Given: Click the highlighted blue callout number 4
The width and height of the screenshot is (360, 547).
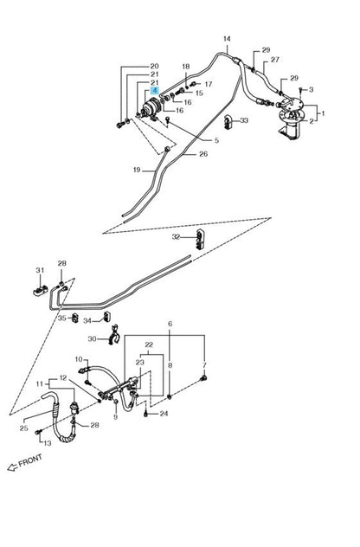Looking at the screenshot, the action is (x=155, y=91).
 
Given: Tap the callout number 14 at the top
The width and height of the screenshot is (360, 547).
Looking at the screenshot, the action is (x=227, y=39).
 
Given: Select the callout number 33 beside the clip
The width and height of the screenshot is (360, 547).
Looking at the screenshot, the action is (x=244, y=120).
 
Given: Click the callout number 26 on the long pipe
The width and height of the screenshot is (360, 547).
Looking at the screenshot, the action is (x=203, y=154).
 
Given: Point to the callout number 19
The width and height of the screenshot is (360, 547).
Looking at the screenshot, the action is (x=137, y=170).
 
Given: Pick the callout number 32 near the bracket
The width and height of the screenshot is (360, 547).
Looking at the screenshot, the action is (x=176, y=237).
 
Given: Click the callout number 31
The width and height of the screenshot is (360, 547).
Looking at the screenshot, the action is (x=40, y=270).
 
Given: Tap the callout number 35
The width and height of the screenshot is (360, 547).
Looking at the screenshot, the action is (x=61, y=319).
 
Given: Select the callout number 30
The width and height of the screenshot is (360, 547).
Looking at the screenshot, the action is (x=92, y=338).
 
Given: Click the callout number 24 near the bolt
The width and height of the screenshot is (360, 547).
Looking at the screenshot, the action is (x=164, y=414).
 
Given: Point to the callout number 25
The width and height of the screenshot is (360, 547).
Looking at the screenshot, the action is (x=23, y=428).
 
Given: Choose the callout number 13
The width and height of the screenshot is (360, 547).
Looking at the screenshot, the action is (x=48, y=443).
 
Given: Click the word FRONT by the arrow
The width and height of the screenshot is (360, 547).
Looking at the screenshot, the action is (x=30, y=461).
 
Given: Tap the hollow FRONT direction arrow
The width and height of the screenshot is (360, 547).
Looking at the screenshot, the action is (x=12, y=467).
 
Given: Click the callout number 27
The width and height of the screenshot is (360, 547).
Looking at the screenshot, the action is (x=275, y=60).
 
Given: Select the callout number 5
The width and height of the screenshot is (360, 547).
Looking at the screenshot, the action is (x=216, y=140).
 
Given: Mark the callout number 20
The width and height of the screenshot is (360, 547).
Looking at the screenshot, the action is (x=154, y=66).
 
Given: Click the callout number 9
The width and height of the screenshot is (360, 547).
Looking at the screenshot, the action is (x=115, y=417).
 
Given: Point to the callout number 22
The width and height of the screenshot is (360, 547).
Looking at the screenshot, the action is (x=149, y=344).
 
